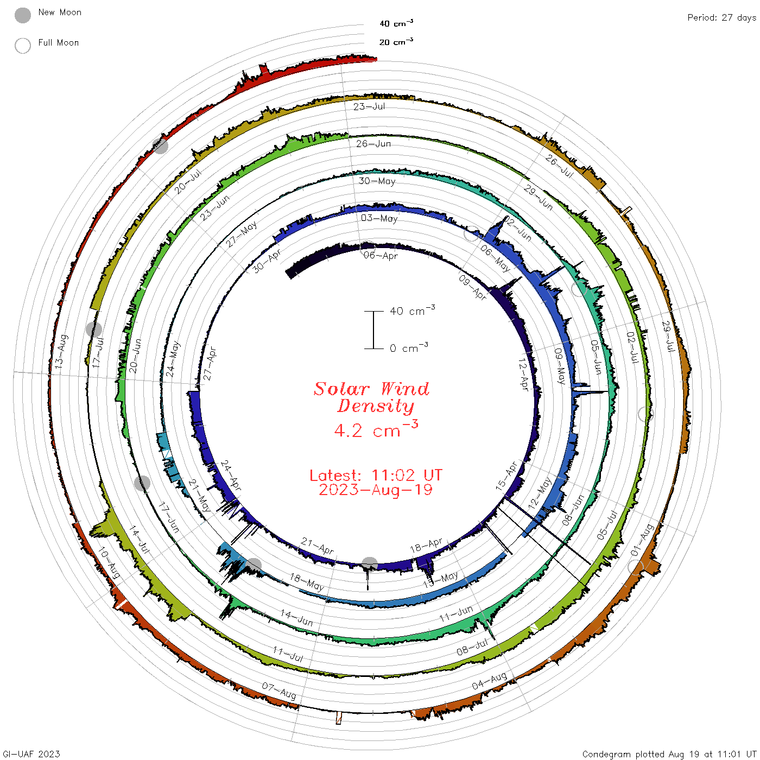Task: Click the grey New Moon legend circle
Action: [x=23, y=15]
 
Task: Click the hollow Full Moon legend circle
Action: [x=23, y=46]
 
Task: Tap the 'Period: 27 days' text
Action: [x=722, y=18]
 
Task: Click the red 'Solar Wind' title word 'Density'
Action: [x=376, y=406]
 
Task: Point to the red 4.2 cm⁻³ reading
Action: [x=376, y=429]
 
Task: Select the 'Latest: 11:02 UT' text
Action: [x=376, y=475]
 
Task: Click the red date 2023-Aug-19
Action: [x=376, y=490]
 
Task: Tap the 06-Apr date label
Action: [x=381, y=256]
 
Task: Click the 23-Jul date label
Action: [x=369, y=106]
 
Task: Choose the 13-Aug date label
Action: [x=61, y=351]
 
